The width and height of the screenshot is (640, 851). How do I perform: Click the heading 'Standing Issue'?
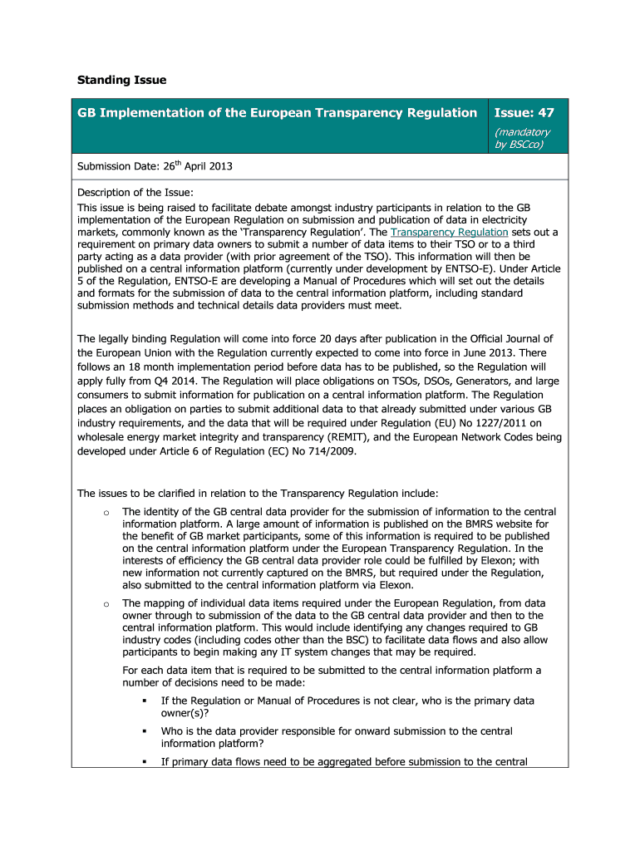(121, 81)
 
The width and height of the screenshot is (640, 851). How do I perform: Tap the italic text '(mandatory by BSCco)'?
(522, 138)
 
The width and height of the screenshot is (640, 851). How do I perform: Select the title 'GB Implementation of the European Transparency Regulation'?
(278, 112)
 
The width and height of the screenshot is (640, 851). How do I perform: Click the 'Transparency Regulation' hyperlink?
(449, 232)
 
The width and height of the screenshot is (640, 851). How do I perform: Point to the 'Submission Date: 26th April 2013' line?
(155, 166)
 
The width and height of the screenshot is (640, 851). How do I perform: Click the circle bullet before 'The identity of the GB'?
(106, 513)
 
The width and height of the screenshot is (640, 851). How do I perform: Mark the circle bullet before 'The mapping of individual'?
(106, 603)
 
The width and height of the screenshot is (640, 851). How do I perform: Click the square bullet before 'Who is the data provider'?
(144, 731)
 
